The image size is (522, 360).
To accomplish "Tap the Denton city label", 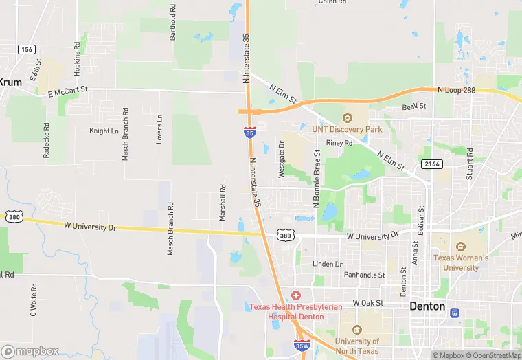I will tap(427, 306).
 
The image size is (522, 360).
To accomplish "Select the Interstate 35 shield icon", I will tap(248, 132).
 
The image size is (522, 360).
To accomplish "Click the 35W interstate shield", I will tap(300, 345).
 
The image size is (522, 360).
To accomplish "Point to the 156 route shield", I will tap(27, 49).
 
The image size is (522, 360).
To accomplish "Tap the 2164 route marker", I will tap(431, 164).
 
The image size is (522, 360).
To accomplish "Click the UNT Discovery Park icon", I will tap(347, 117).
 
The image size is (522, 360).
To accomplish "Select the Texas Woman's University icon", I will tap(460, 246).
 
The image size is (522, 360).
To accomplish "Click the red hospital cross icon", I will tap(295, 295).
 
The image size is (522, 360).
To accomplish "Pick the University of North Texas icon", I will tap(356, 330).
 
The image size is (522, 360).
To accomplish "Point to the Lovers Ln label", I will tap(159, 128).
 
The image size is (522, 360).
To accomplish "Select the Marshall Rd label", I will tap(223, 202).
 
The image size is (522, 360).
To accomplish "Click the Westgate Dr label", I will tap(280, 159).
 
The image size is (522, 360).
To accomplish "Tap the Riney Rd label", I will tap(339, 144).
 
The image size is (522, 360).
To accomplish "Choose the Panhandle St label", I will tap(364, 275).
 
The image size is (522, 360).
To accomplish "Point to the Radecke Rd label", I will tap(46, 141).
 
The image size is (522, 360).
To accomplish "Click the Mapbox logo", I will tap(30, 351).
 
